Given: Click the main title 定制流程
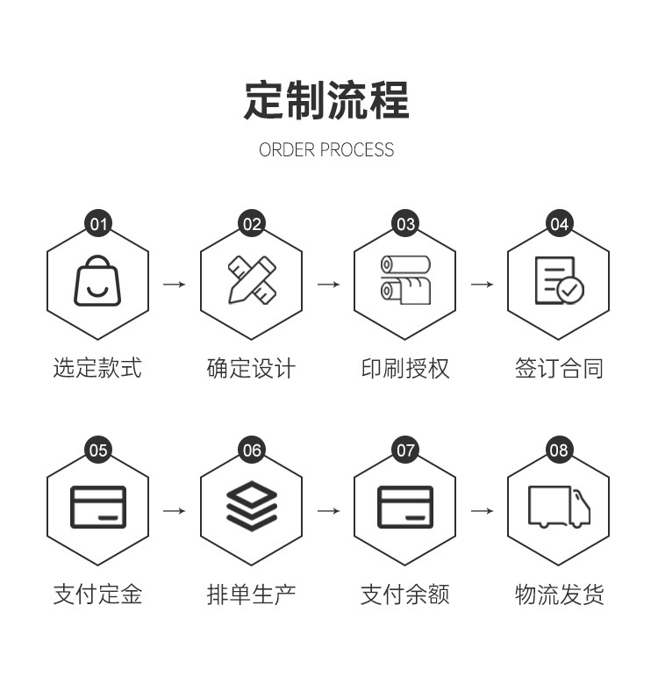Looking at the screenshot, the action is [326, 100].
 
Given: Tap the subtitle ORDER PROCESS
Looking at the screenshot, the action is [326, 150].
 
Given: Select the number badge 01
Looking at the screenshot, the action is [98, 224].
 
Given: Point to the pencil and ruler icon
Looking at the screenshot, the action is [251, 281].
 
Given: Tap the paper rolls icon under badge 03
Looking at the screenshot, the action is [405, 280].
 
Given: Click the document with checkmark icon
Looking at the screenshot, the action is [559, 281].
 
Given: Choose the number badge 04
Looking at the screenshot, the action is [559, 224].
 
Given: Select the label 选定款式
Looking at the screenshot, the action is [97, 368].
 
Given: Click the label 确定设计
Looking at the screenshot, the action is [251, 368].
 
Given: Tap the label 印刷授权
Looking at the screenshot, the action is [405, 368].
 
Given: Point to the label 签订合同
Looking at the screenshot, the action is [559, 368].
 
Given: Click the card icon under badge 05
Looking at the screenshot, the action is [97, 508].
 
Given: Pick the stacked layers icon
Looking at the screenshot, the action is [251, 508].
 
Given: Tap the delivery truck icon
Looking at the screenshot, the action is [559, 507].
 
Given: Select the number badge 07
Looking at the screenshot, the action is [405, 450].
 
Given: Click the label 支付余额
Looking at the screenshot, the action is [405, 595].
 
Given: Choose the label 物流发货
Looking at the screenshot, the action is [559, 595].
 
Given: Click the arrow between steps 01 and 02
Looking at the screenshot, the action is [175, 284].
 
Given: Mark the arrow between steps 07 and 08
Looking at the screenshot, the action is [482, 510].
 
